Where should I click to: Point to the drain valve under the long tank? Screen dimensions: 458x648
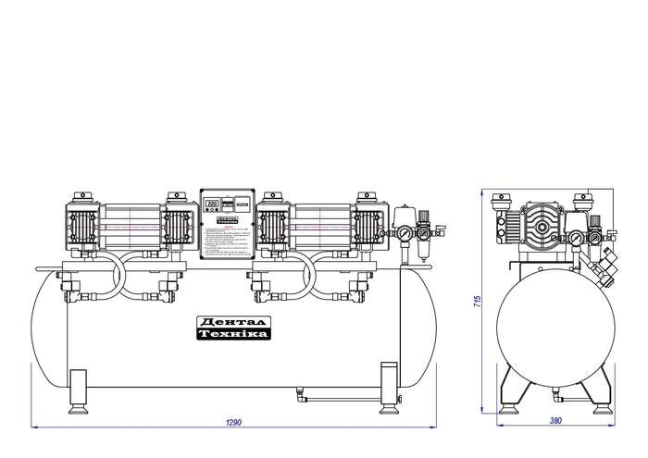coord(301,396)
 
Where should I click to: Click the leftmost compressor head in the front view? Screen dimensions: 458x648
coord(80,225)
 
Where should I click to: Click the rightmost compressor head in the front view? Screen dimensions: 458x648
coord(368,225)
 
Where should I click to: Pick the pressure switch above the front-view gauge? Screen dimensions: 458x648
coord(403,215)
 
